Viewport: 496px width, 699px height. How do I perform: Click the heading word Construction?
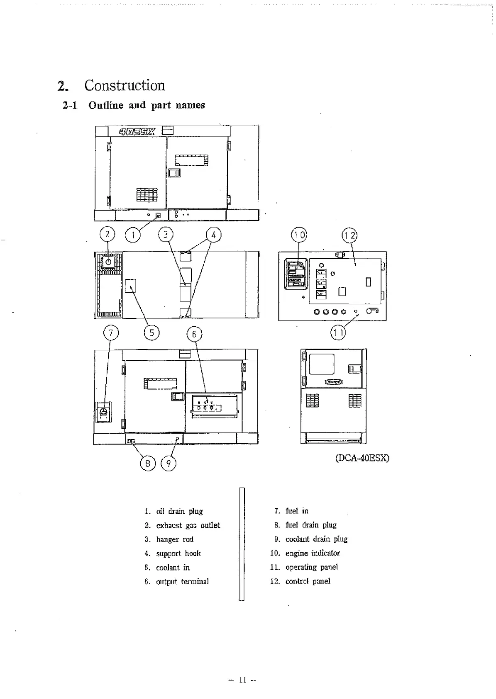(x=125, y=85)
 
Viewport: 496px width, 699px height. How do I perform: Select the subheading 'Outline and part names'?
(x=147, y=105)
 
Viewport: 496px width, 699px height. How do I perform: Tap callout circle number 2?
(x=108, y=235)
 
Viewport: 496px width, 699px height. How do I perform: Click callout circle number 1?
(x=133, y=235)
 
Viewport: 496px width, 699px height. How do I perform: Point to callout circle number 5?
(x=151, y=333)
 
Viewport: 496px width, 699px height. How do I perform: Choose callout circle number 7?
(x=111, y=333)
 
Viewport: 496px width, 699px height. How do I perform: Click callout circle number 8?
(x=147, y=463)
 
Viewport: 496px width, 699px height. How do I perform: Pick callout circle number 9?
(x=169, y=463)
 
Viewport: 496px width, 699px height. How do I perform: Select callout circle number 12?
(x=349, y=235)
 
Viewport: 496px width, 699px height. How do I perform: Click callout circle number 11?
(x=338, y=333)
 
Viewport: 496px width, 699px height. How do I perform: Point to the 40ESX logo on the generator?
(x=137, y=132)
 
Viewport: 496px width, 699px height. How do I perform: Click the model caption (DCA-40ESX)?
(x=362, y=458)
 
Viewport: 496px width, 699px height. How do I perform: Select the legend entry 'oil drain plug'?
(x=179, y=511)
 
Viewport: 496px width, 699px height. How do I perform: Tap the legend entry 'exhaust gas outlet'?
(x=188, y=525)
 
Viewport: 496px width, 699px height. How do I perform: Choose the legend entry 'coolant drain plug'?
(x=316, y=539)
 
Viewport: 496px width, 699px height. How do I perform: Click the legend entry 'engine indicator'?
(x=313, y=553)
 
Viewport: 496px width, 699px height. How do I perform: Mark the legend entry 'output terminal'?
(x=182, y=582)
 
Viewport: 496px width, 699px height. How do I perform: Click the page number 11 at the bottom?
(x=243, y=680)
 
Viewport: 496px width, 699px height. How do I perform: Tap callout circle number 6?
(x=194, y=334)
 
